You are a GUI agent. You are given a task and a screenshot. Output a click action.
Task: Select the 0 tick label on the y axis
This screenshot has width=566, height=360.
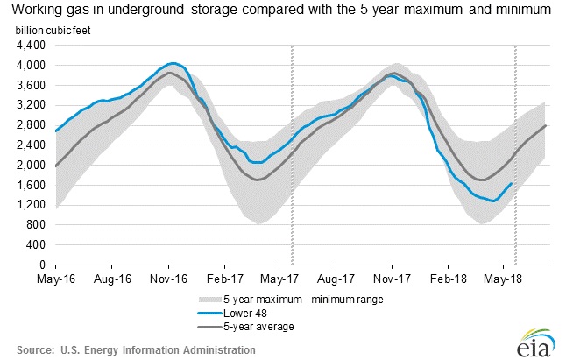click(45, 265)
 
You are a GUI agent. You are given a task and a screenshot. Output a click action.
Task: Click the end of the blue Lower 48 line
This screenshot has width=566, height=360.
click(512, 183)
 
